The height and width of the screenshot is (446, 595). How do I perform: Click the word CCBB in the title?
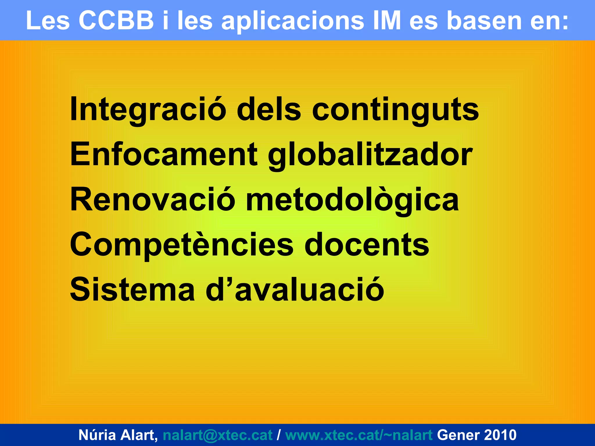point(116,21)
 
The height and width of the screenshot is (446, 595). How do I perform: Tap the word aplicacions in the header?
point(293,21)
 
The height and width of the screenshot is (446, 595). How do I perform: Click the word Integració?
point(148,109)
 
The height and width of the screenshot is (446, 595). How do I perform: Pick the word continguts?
point(395,109)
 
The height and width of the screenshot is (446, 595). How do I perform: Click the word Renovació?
point(153,200)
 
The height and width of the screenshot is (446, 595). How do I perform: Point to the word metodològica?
point(352,200)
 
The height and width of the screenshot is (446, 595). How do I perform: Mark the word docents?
point(367,245)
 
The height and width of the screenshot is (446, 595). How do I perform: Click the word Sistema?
point(132,290)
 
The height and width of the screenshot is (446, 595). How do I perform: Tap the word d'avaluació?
point(295,290)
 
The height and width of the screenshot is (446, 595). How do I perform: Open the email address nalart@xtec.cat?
point(218,435)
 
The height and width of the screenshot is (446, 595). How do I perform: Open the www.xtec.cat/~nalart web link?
point(359,435)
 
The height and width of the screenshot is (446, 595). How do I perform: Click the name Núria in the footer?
point(97,435)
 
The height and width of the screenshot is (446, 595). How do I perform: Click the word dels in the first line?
point(269,109)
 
